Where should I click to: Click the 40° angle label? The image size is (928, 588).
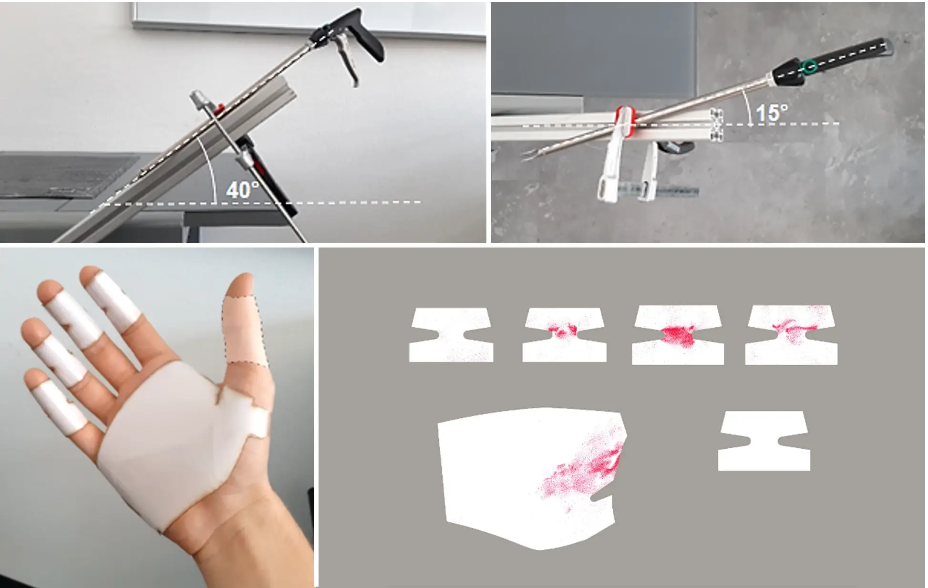[x=242, y=190]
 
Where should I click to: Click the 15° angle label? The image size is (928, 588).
[x=772, y=113]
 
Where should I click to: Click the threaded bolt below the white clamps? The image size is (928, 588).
[x=677, y=193]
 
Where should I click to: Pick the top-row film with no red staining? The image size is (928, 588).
[x=451, y=335]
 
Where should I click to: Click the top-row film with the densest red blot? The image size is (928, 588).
[x=677, y=335]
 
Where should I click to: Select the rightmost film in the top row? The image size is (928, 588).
[x=791, y=335]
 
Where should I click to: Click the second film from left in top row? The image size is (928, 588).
[x=564, y=335]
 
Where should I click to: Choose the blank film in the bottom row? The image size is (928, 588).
[x=763, y=441]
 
